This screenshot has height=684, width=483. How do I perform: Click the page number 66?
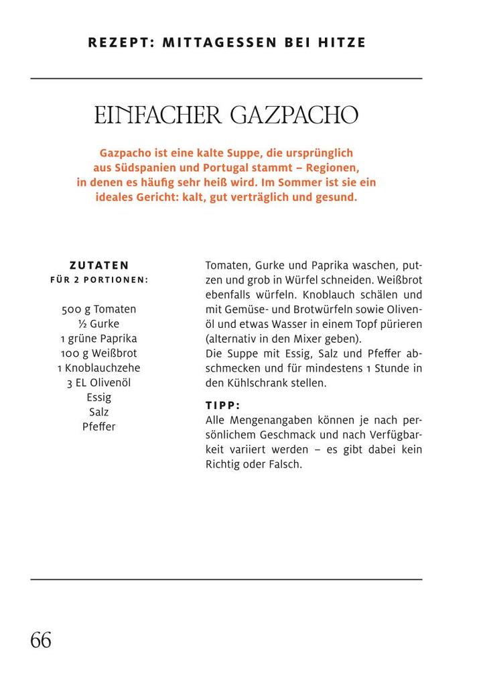(x=41, y=640)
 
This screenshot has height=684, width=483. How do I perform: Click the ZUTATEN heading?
(x=99, y=265)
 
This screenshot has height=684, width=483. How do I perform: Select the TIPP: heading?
(x=222, y=406)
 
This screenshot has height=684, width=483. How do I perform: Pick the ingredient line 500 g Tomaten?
(x=98, y=309)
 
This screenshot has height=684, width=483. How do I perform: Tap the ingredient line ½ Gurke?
(x=98, y=324)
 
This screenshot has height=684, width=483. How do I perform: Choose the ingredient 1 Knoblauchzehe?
(x=98, y=368)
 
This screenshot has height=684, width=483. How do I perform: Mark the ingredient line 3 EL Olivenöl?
(x=98, y=383)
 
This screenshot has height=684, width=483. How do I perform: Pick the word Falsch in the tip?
(x=284, y=464)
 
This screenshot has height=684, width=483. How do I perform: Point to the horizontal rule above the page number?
(x=226, y=579)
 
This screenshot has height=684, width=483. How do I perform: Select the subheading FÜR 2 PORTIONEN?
(x=99, y=280)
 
